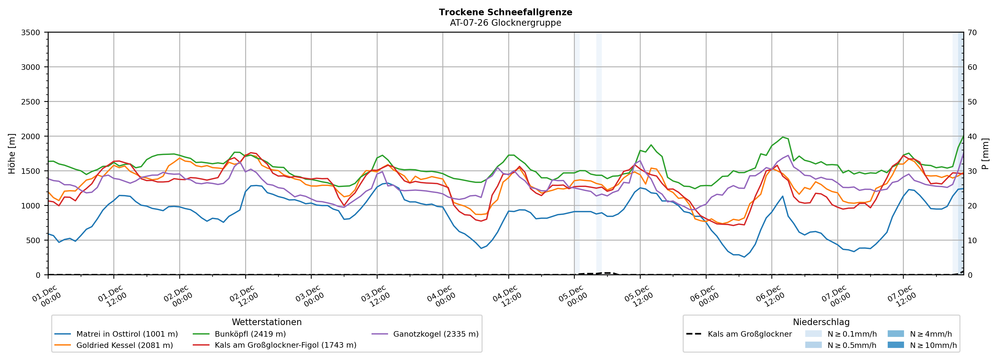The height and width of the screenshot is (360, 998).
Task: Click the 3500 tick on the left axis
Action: (x=31, y=33)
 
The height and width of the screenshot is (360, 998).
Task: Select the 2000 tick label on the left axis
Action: (x=31, y=136)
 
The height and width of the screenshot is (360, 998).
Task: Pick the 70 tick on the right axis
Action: (x=972, y=33)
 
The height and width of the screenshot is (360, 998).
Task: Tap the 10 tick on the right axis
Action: (x=972, y=240)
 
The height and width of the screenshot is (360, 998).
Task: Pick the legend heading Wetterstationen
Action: (x=267, y=322)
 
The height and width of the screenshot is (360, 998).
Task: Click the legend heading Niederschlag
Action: (x=821, y=322)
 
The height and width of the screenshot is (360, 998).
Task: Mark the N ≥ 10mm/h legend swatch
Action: (x=895, y=345)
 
